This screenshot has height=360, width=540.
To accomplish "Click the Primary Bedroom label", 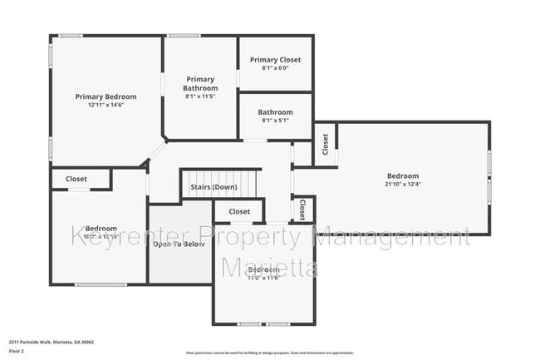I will pyautogui.click(x=106, y=96).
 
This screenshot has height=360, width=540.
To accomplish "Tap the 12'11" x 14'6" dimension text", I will pyautogui.click(x=106, y=106).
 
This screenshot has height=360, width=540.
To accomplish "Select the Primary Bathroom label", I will pyautogui.click(x=201, y=84).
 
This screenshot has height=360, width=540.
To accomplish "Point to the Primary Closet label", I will pyautogui.click(x=275, y=60).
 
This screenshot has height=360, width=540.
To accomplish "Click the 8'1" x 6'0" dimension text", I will pyautogui.click(x=275, y=69).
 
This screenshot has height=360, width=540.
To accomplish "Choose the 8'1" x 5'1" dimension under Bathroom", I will pyautogui.click(x=275, y=121).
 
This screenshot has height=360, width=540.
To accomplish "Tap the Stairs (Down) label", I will pyautogui.click(x=214, y=187).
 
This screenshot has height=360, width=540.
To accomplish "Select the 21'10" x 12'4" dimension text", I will pyautogui.click(x=402, y=185).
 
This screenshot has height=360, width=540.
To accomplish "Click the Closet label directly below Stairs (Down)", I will pyautogui.click(x=239, y=212).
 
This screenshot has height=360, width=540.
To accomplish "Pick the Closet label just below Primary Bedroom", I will pyautogui.click(x=76, y=179).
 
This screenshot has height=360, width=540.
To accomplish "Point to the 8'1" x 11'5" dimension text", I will pyautogui.click(x=201, y=97).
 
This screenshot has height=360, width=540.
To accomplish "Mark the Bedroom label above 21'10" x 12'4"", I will pyautogui.click(x=402, y=175).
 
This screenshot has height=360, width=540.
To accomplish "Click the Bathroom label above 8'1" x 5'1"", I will pyautogui.click(x=275, y=112).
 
